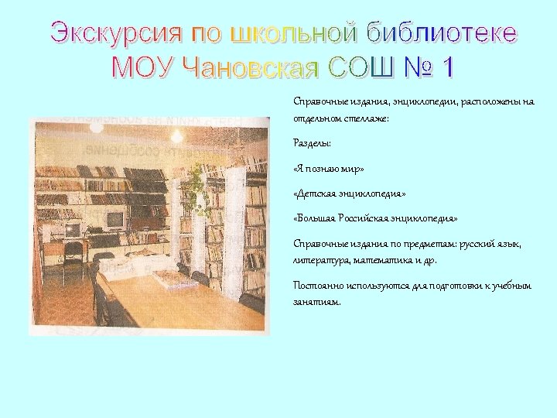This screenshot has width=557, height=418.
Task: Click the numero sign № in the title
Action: click(419, 68)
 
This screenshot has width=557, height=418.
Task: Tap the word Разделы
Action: click(312, 143)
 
